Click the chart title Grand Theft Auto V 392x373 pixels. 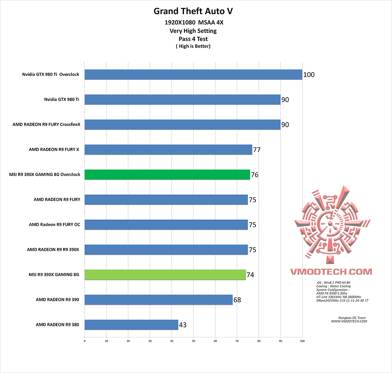click(x=193, y=11)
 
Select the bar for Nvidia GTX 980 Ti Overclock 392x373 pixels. click(x=193, y=75)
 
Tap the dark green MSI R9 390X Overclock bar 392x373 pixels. click(x=167, y=175)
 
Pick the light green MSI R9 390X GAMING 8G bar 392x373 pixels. click(x=165, y=275)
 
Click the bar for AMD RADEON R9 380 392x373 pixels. click(x=131, y=325)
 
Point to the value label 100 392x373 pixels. click(x=309, y=75)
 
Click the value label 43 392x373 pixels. click(x=183, y=325)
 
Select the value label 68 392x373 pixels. click(x=237, y=300)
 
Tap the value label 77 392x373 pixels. click(x=257, y=150)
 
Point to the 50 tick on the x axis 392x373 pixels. click(x=193, y=341)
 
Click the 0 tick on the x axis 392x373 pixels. click(x=85, y=341)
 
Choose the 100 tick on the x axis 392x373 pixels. click(x=302, y=341)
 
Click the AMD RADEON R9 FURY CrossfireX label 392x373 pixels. click(x=46, y=125)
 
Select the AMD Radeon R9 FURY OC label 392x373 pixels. click(x=54, y=225)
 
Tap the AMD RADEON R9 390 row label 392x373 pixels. click(x=57, y=300)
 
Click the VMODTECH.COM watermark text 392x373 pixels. click(x=331, y=272)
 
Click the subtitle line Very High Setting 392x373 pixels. click(x=193, y=31)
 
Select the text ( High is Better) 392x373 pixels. click(x=193, y=46)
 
